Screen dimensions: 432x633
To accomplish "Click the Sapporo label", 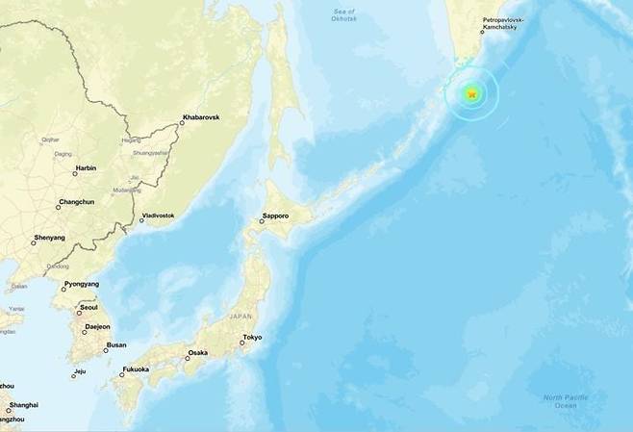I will pyautogui.click(x=275, y=216).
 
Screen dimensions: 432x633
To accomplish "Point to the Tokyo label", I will pyautogui.click(x=252, y=337).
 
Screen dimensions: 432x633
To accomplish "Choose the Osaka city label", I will pyautogui.click(x=196, y=353).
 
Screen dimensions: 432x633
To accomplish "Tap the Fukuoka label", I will pyautogui.click(x=136, y=369).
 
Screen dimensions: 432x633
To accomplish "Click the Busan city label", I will pyautogui.click(x=115, y=344).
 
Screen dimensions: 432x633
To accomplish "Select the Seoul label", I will pyautogui.click(x=89, y=308).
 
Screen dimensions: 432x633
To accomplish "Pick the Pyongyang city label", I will pyautogui.click(x=81, y=285).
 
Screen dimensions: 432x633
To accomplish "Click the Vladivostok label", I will pyautogui.click(x=158, y=216).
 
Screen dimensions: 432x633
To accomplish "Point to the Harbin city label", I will pyautogui.click(x=85, y=168).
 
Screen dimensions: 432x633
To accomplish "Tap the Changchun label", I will pyautogui.click(x=76, y=202).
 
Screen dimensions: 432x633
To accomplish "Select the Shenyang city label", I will pyautogui.click(x=49, y=237).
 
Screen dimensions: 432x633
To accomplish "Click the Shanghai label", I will pyautogui.click(x=23, y=405).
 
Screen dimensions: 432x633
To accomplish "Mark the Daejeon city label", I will pyautogui.click(x=97, y=326).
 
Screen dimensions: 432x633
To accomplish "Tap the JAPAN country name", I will pyautogui.click(x=240, y=316).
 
